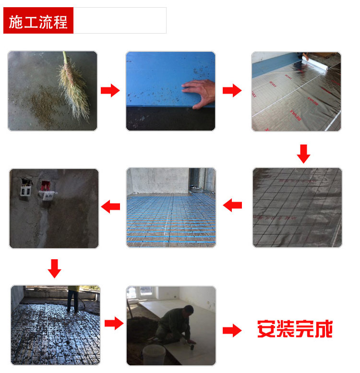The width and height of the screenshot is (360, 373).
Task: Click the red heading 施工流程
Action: [x=38, y=21]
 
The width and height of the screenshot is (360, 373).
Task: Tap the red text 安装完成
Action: [x=294, y=330]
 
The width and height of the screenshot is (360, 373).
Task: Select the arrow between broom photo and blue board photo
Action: [x=110, y=90]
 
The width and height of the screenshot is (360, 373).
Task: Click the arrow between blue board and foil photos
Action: [x=232, y=90]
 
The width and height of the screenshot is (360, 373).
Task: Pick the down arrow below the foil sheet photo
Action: [x=303, y=154]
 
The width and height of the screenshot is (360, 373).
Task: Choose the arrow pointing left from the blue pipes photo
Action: [x=110, y=206]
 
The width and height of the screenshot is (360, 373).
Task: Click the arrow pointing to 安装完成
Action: [x=232, y=330]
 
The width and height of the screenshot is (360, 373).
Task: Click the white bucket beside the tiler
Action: [x=154, y=354]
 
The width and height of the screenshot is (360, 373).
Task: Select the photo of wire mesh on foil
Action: [x=297, y=207]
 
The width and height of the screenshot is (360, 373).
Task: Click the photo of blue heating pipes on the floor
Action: [x=171, y=207]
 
